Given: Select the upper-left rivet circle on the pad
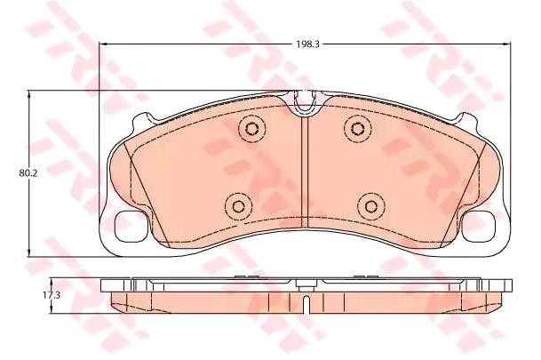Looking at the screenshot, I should [x=251, y=129].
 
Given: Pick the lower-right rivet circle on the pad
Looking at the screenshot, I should [x=370, y=206].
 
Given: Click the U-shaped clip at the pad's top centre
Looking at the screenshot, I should [x=305, y=104].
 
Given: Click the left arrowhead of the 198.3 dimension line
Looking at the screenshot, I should [x=105, y=42].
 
